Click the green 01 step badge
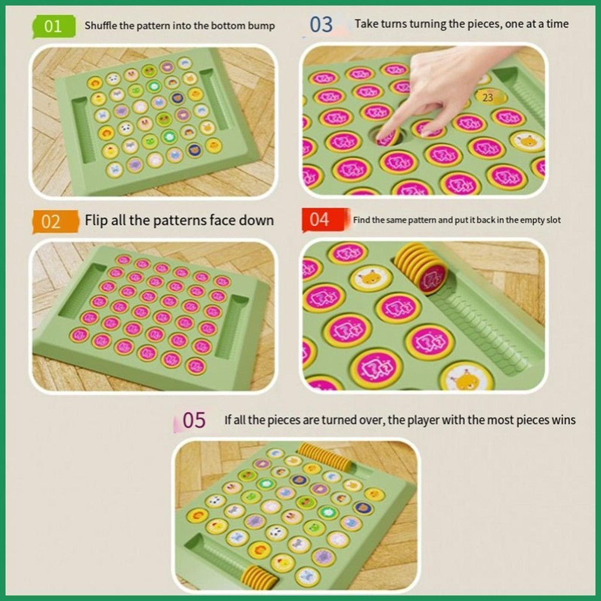(53, 26)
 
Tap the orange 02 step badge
(55, 221)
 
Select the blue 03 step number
(321, 25)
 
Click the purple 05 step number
(194, 420)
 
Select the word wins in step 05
(563, 420)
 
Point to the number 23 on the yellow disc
(488, 98)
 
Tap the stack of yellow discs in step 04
(421, 269)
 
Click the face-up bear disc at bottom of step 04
(466, 377)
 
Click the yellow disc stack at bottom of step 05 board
(260, 575)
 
